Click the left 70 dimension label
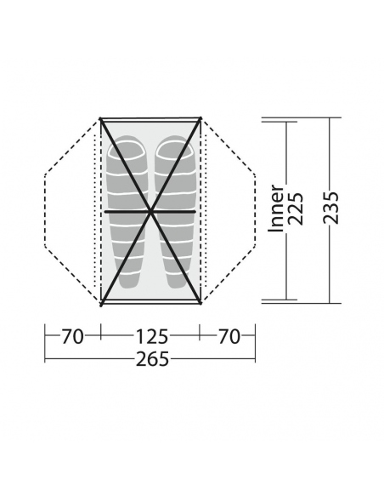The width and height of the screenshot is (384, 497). pos(72,337)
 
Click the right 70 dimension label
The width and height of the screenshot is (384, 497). pos(229,337)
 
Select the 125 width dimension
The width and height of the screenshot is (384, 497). pos(151,337)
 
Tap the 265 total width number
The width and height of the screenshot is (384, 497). pos(152,359)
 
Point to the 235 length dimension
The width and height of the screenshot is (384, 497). pos(330,208)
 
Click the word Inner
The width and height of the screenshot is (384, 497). pos(276,209)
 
